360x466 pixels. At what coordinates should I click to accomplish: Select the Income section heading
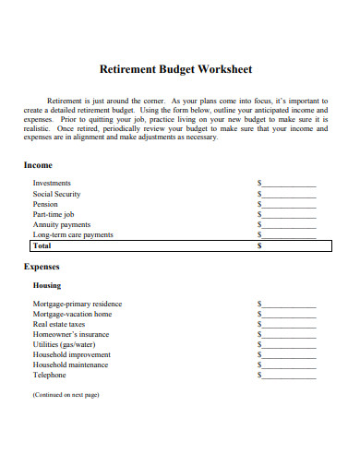(38, 165)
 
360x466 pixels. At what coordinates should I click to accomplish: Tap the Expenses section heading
(42, 267)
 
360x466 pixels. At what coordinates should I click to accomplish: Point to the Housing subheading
(47, 286)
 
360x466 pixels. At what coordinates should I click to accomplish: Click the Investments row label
(52, 184)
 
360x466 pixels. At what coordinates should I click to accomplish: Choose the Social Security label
(57, 194)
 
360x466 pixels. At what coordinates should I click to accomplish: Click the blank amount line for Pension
(289, 205)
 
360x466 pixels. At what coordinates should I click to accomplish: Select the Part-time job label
(54, 214)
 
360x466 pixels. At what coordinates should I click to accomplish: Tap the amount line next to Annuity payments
(289, 225)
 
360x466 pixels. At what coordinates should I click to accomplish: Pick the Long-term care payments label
(73, 235)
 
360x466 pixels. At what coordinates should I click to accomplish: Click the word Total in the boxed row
(42, 246)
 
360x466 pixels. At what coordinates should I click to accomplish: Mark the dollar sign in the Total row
(259, 246)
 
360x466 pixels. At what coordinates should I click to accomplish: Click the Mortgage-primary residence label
(78, 305)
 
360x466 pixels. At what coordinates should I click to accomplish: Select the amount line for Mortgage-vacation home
(289, 315)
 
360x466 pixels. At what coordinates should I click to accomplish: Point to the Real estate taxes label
(59, 325)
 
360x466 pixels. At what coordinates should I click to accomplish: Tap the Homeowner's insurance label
(71, 335)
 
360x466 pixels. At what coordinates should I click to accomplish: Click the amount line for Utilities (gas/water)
(289, 345)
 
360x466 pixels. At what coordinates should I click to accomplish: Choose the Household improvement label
(72, 355)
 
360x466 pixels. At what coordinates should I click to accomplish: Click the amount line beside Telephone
(289, 376)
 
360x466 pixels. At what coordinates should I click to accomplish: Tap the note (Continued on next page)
(66, 394)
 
